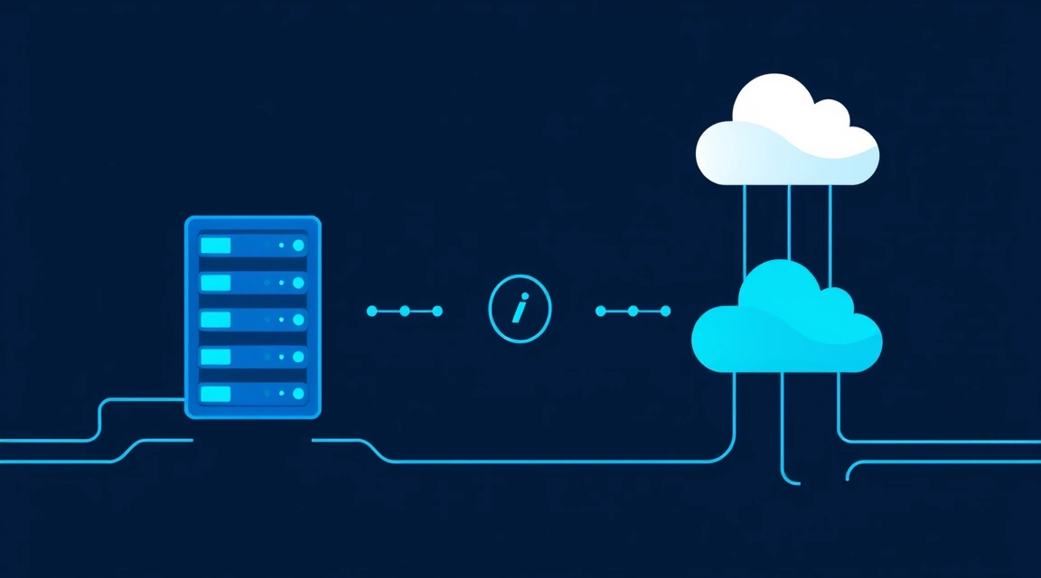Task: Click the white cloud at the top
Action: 786,135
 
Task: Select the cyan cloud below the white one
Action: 786,325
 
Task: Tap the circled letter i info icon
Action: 520,311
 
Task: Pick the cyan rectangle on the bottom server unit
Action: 216,394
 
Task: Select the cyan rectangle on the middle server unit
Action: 216,320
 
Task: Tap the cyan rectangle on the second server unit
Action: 216,283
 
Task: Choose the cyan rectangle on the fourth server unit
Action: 216,357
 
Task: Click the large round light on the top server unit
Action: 298,246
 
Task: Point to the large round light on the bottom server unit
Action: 298,394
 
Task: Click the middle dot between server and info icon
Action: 404,311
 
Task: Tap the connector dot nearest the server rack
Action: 370,311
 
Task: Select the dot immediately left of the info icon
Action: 438,311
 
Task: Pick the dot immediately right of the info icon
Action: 599,311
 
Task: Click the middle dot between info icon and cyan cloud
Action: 633,311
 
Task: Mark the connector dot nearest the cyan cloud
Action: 666,311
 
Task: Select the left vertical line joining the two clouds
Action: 746,230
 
